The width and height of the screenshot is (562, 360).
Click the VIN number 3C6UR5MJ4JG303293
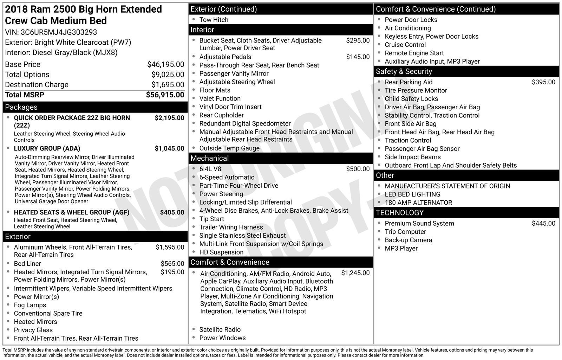point(59,32)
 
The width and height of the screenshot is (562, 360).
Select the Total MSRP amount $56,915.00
point(165,95)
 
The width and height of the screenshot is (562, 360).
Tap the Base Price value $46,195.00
point(165,64)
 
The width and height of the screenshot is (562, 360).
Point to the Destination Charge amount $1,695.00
point(168,85)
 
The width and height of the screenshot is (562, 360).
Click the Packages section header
point(21,107)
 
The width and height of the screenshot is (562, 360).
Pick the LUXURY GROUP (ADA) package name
point(47,148)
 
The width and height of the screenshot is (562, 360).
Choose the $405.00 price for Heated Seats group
point(172,212)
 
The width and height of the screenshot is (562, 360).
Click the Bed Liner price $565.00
point(172,264)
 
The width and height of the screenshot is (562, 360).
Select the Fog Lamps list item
point(30,305)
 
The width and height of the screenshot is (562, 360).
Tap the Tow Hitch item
point(214,20)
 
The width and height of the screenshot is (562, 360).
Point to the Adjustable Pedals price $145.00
point(358,57)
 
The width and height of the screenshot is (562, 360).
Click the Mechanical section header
point(209,158)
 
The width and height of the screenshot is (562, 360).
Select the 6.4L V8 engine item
point(210,169)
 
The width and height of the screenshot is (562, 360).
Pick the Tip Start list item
point(211,219)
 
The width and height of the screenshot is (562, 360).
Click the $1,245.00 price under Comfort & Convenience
point(355,273)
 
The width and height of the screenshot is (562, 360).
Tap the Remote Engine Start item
point(414,53)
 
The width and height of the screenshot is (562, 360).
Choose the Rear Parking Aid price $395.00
point(543,82)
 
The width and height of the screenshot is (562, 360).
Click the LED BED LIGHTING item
point(412,194)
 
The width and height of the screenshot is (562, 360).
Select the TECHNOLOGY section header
point(399,213)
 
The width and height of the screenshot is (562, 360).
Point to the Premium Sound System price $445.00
point(543,224)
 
